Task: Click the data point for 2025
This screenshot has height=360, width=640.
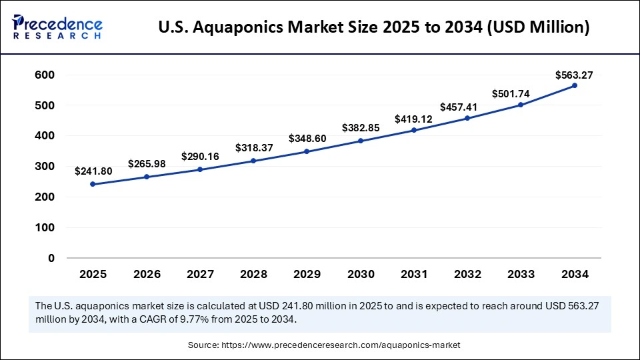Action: point(93,184)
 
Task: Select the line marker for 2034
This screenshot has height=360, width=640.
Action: point(574,86)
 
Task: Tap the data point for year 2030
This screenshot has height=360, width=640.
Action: point(360,141)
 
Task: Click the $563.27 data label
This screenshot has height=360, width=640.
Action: point(574,75)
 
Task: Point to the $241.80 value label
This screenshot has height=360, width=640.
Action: point(93,171)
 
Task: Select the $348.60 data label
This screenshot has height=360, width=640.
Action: point(307,139)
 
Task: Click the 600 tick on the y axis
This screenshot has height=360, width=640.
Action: point(45,75)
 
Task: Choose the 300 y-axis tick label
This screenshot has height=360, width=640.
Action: point(45,167)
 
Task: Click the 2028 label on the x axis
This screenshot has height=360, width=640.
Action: point(253,274)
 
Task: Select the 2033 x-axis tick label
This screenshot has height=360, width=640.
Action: point(521,274)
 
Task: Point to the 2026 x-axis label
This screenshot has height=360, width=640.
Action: point(146,274)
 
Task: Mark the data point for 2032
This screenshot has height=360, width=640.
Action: point(467,118)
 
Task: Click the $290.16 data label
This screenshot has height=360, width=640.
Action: point(200,157)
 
